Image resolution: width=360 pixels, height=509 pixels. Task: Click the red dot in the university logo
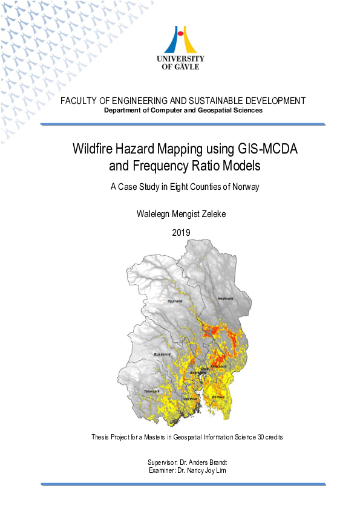click(x=180, y=34)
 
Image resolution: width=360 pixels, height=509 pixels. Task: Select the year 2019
click(x=181, y=232)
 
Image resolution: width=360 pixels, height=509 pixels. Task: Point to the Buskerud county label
click(x=162, y=354)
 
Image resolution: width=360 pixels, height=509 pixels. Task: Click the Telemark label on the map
click(x=151, y=392)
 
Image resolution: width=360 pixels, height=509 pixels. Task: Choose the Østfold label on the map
click(x=218, y=397)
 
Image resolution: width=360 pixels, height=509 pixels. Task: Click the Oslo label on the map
click(x=204, y=368)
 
